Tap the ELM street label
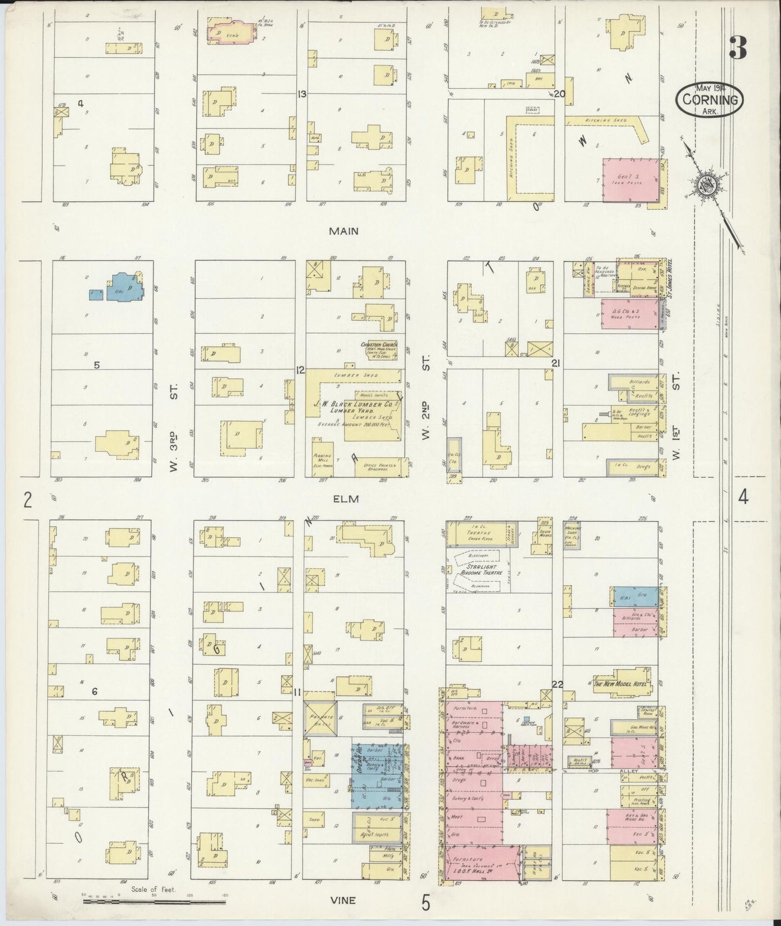click(346, 499)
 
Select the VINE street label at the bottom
click(344, 900)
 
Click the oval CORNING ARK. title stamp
click(710, 99)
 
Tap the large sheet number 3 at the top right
click(738, 48)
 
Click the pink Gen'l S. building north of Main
click(630, 180)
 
